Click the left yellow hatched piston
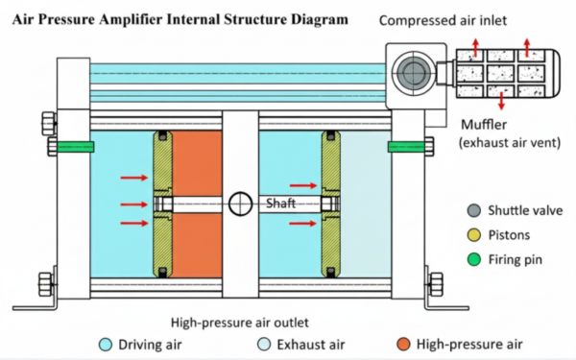coord(160,204)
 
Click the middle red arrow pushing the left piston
coord(131,204)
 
